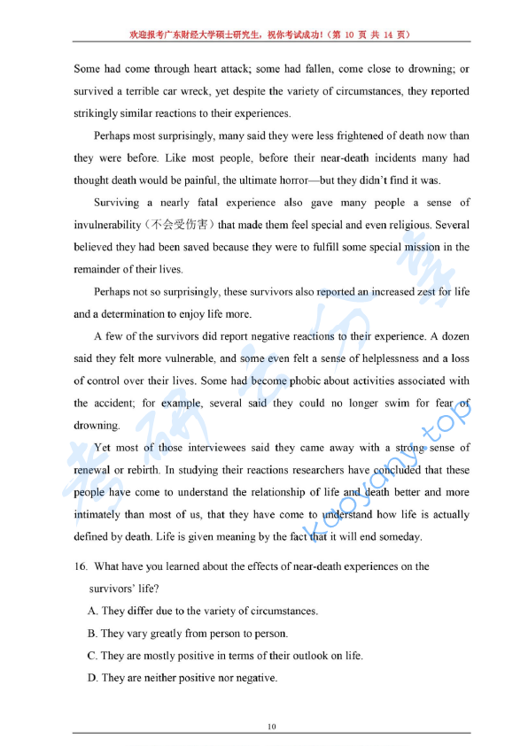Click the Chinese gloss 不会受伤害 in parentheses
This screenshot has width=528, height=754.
click(181, 225)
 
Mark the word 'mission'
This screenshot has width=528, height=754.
click(403, 247)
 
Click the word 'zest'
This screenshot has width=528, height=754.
click(382, 291)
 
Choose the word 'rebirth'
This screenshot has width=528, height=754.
click(134, 470)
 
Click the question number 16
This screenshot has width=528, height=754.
click(80, 566)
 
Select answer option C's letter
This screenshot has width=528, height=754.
click(92, 656)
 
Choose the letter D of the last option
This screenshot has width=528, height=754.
click(92, 678)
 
